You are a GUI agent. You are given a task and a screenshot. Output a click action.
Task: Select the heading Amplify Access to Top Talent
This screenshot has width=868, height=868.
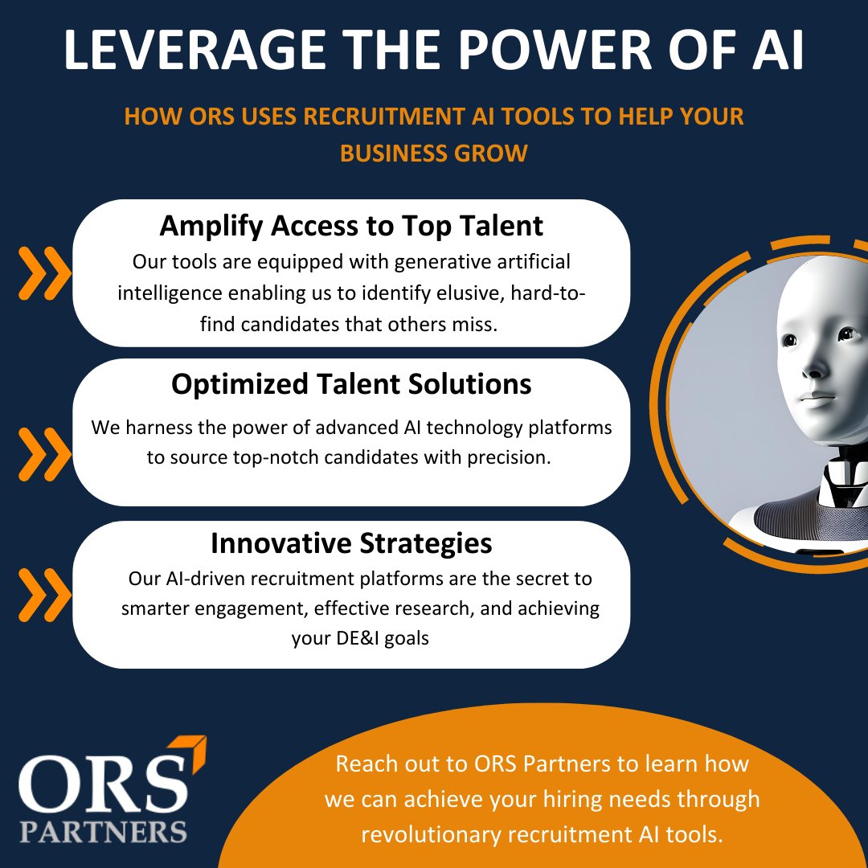pos(351,226)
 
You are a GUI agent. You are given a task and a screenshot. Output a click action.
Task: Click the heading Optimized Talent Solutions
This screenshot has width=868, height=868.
pos(351,384)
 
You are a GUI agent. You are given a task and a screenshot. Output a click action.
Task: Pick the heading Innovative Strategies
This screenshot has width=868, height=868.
pos(351,543)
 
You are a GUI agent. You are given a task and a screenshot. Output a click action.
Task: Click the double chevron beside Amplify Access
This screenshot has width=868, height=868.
pos(45,272)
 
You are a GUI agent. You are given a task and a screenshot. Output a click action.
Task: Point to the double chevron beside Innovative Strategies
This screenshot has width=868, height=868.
pos(45,594)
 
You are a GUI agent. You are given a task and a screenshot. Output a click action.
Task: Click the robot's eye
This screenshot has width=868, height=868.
pos(790,341)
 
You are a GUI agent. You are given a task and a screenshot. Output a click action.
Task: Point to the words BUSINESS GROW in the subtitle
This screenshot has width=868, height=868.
pos(434,153)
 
